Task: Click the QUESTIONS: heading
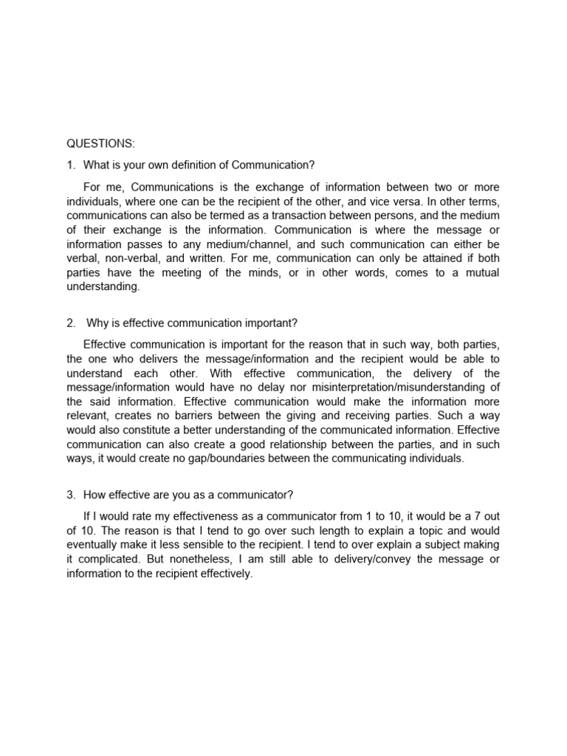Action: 101,143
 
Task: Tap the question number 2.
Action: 70,323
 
